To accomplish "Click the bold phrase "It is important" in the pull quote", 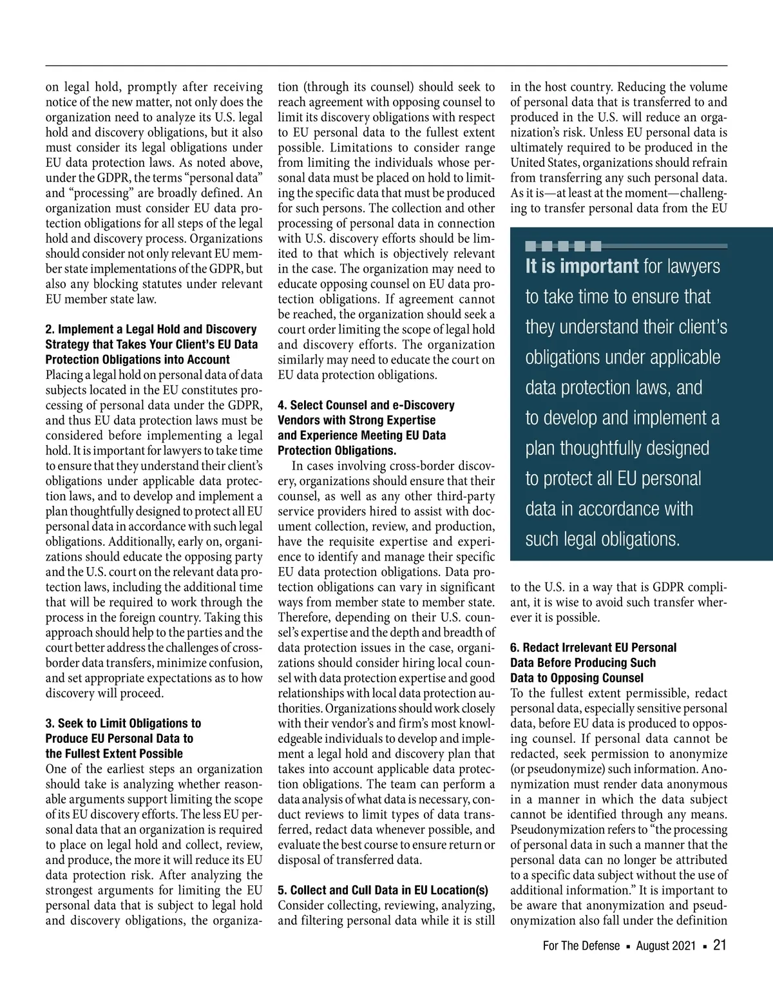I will (582, 266).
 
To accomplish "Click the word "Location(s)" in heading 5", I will (459, 890).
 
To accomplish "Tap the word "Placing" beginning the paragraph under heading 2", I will (65, 375).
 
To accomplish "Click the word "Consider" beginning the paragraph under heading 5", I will (301, 905).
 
